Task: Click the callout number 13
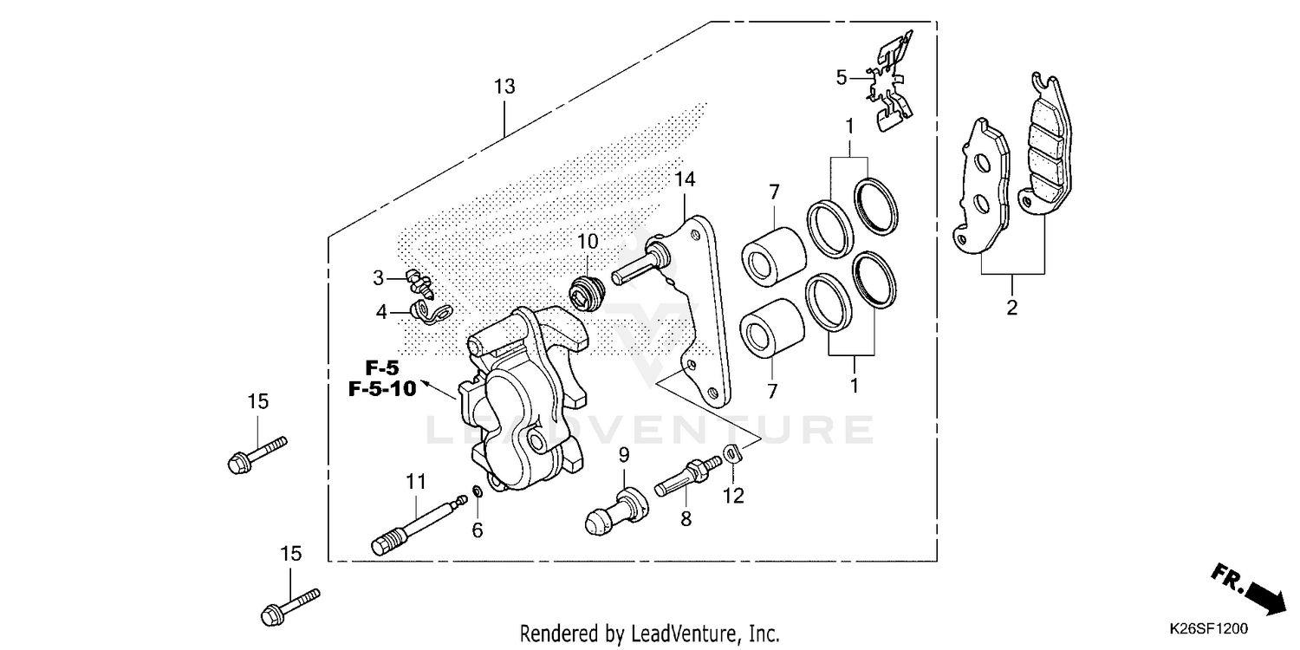(x=504, y=87)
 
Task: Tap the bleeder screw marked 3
(x=420, y=281)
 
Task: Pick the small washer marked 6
(x=476, y=494)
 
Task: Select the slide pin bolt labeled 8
(x=687, y=475)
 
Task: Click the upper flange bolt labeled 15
(x=257, y=453)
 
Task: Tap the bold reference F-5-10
(x=382, y=389)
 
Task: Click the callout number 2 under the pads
(x=1011, y=307)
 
